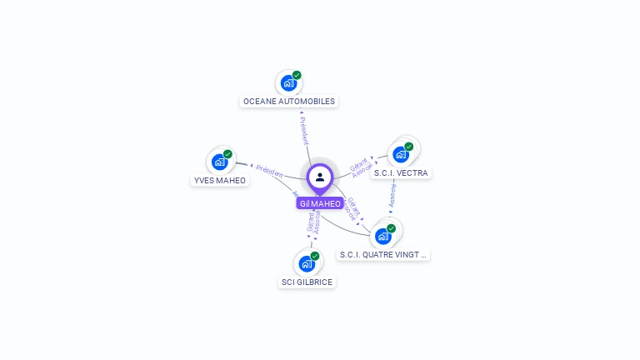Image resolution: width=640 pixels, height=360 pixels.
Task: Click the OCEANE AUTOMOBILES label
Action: (x=288, y=102)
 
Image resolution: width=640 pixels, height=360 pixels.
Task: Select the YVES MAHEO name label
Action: (x=220, y=180)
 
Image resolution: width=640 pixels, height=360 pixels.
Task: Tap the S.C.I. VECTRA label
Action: (x=401, y=173)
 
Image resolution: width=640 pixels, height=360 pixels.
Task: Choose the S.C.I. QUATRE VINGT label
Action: (x=383, y=255)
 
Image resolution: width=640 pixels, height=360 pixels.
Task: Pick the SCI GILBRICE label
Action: (x=307, y=282)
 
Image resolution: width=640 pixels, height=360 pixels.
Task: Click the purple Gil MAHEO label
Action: (x=320, y=203)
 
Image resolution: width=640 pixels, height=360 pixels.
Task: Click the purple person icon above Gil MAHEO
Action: (x=320, y=177)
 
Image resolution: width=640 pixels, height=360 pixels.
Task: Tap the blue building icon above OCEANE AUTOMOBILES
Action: (x=287, y=83)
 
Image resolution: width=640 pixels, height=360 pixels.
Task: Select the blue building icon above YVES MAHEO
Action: (x=220, y=162)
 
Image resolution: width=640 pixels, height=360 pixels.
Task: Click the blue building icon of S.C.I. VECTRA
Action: (x=401, y=155)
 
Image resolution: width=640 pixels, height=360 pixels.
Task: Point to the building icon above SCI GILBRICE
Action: (x=307, y=264)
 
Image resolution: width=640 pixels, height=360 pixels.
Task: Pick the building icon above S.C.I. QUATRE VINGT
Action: (x=383, y=237)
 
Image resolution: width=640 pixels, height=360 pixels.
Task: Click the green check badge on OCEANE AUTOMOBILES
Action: (x=297, y=75)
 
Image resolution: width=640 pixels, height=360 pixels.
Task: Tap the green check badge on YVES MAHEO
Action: (x=228, y=154)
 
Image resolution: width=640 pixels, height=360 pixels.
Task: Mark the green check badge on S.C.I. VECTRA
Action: (x=409, y=147)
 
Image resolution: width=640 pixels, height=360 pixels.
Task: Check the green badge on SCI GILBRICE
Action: (x=315, y=256)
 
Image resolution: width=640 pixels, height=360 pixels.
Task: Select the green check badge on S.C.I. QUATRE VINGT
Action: (x=392, y=228)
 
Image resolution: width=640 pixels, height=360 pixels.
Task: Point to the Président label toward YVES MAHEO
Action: (x=269, y=170)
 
